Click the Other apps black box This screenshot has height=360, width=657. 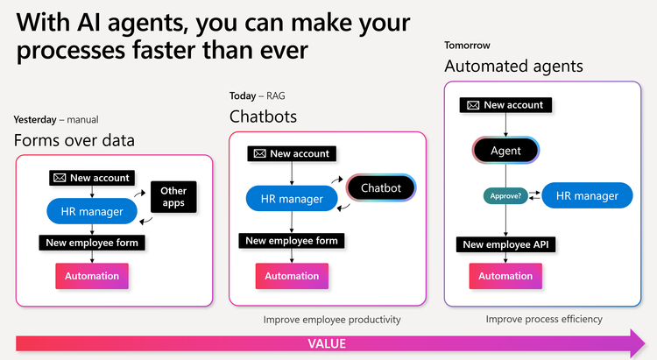click(x=173, y=196)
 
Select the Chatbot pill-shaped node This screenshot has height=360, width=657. click(x=381, y=187)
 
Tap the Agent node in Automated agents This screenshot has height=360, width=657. click(x=505, y=151)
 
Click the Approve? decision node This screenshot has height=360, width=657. click(x=505, y=196)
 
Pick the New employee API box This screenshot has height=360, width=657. click(x=505, y=245)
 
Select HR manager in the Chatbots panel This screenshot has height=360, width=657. click(x=293, y=199)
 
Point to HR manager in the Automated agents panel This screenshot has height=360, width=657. click(x=586, y=196)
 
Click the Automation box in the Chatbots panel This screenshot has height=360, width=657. click(x=293, y=276)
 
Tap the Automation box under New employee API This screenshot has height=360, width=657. click(x=505, y=276)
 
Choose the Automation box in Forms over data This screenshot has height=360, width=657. click(x=92, y=276)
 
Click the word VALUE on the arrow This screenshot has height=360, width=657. click(x=327, y=343)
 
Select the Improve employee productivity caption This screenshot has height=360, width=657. click(x=332, y=320)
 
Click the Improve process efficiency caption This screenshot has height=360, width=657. click(x=544, y=319)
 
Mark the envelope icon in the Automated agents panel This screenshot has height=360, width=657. click(x=472, y=105)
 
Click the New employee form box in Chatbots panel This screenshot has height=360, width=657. click(x=292, y=241)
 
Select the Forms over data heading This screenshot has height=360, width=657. click(x=74, y=140)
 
